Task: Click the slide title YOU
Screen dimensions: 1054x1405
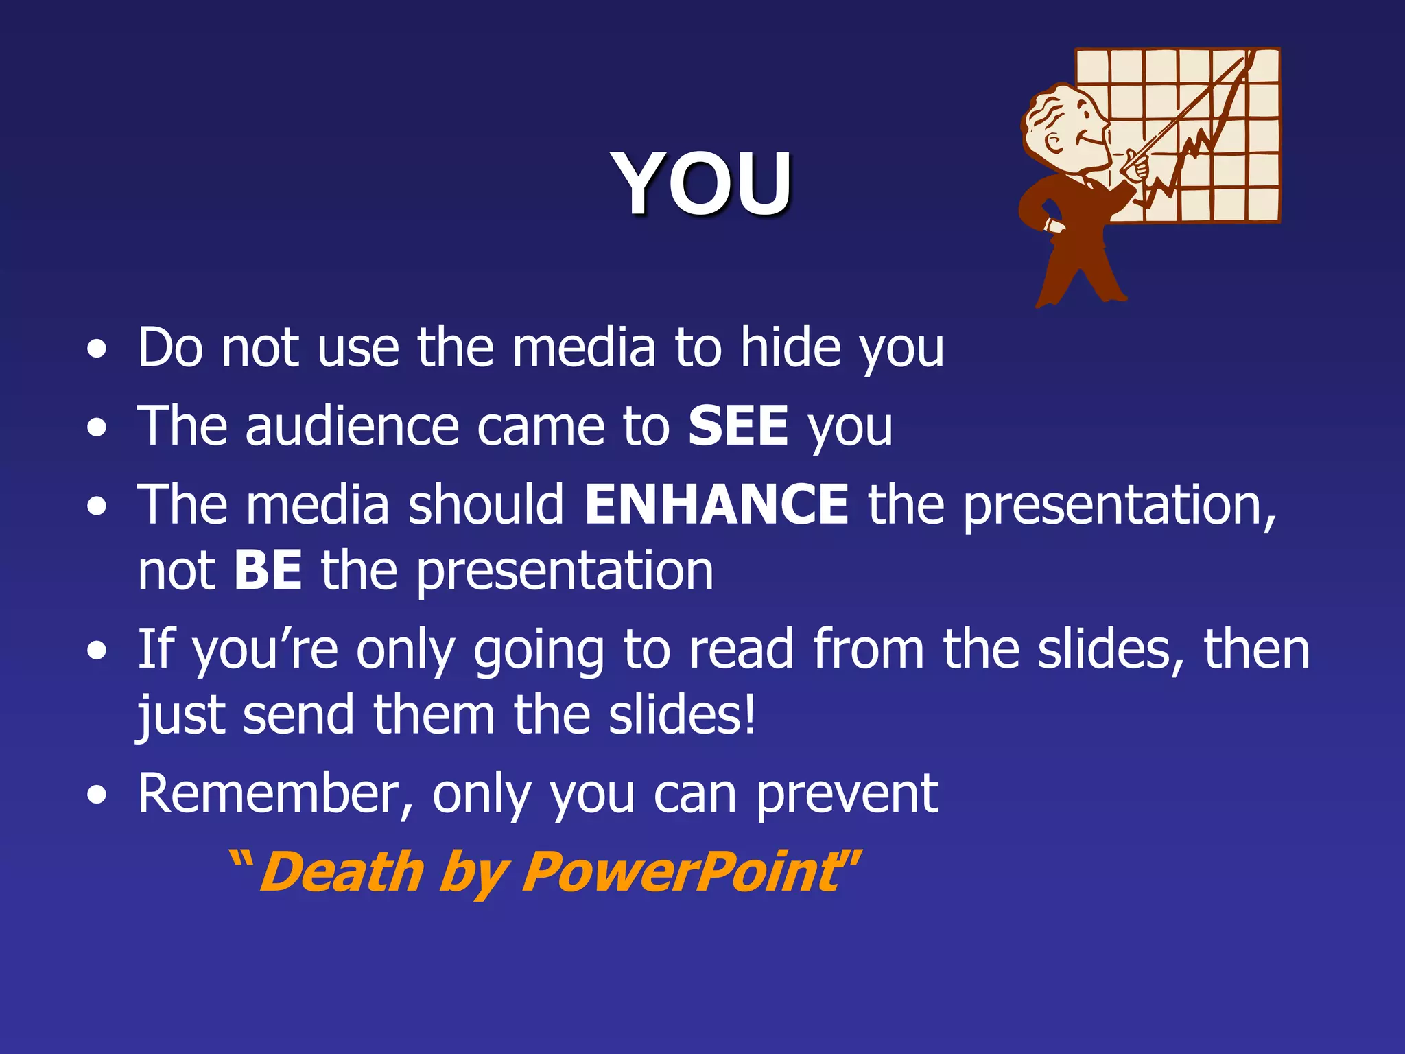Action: point(704,183)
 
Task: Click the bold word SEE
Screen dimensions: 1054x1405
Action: point(738,426)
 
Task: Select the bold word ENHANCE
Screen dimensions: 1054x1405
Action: point(717,504)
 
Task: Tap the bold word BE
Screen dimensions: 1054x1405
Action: point(268,570)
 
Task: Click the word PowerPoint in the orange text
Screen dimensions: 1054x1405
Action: point(679,872)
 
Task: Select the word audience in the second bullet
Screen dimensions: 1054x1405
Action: point(351,426)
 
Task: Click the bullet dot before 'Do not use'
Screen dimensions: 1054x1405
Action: point(97,350)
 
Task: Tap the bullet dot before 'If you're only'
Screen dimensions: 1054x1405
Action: point(97,651)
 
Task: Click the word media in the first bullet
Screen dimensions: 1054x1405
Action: point(584,348)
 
